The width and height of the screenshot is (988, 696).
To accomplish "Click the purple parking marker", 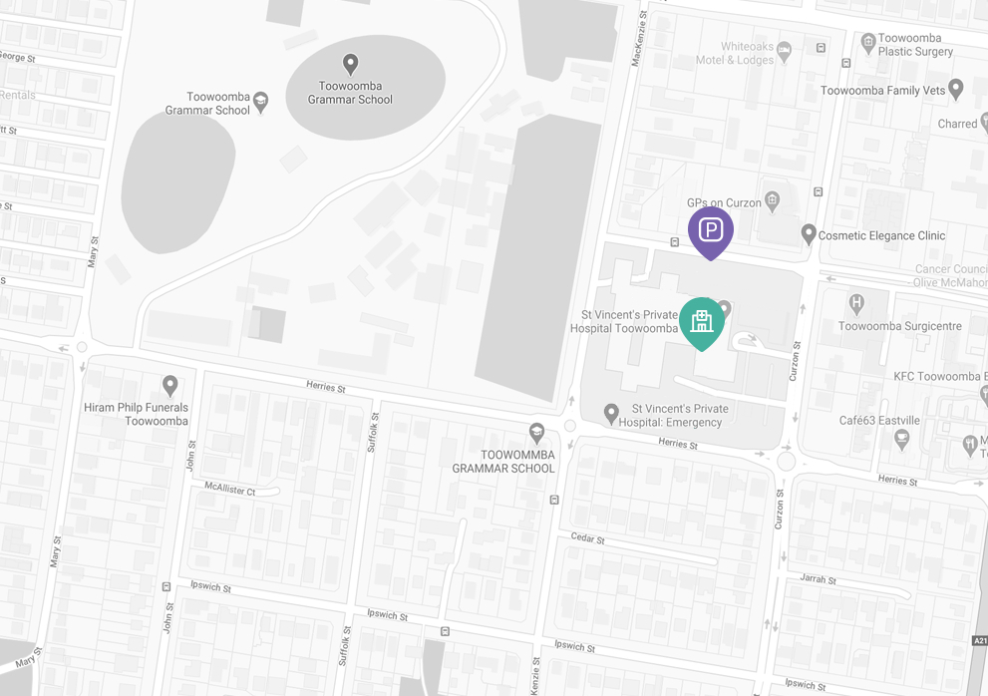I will tap(710, 231).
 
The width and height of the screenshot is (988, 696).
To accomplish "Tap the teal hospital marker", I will tap(702, 321).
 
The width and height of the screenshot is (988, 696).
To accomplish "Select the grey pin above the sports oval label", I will tap(350, 65).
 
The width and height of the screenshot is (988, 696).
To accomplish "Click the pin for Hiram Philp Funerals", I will tap(170, 385).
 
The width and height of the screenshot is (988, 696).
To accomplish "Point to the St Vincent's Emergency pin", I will tap(613, 413).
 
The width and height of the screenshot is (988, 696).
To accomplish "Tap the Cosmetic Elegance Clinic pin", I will tap(809, 234).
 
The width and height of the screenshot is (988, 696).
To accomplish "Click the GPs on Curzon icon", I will tap(771, 201).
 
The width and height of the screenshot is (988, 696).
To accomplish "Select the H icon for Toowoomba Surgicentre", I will tap(855, 303).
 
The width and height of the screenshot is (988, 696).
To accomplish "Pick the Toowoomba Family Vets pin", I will tap(956, 90).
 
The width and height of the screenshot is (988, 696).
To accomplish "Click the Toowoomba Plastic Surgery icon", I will tap(868, 42).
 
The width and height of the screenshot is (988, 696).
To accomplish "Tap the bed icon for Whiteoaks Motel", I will tap(784, 48).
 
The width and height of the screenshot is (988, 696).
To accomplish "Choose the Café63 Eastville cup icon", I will tap(902, 439).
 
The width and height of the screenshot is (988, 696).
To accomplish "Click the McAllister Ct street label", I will tap(230, 491).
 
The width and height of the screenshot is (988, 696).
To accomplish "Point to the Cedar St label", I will tap(587, 538).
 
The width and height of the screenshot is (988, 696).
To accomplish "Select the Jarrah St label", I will tap(818, 579).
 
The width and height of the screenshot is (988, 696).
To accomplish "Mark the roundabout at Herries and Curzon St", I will tap(786, 461).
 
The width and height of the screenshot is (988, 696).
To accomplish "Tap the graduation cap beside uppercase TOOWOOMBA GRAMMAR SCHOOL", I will tap(536, 432).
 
